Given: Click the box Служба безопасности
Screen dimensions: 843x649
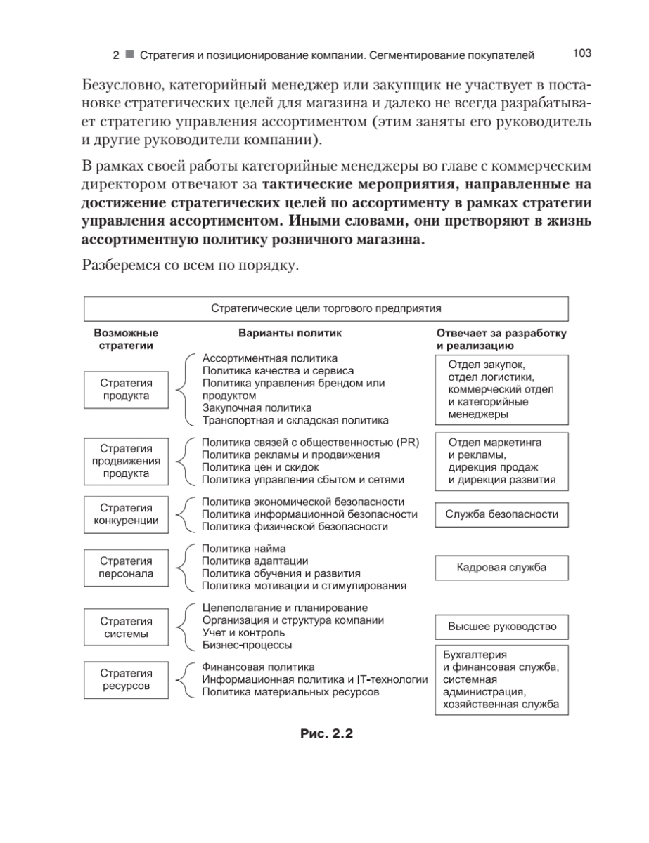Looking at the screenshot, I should tap(501, 514).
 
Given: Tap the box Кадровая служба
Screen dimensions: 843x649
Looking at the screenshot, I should tap(501, 567).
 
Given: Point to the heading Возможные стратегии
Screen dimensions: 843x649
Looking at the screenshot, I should tap(126, 339).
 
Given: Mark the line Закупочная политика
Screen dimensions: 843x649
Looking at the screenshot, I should tap(257, 407).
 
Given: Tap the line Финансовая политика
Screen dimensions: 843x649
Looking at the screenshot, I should tap(258, 667).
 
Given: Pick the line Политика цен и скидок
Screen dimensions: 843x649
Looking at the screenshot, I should tap(260, 467).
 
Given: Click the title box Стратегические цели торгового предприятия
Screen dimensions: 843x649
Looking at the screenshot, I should tap(326, 308).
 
